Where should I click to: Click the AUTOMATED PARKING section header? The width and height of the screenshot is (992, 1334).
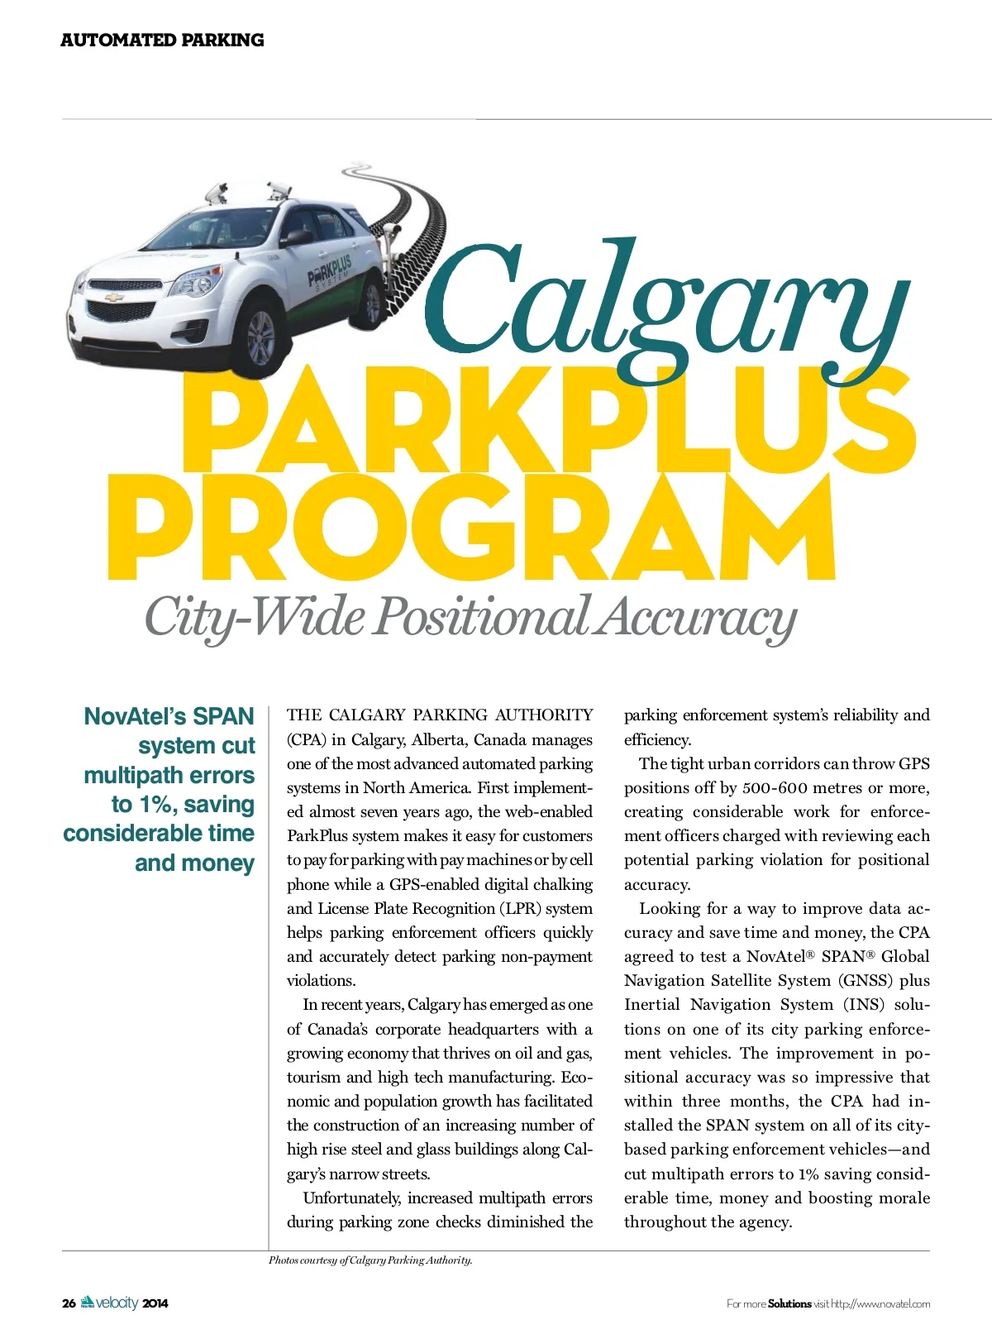pyautogui.click(x=162, y=40)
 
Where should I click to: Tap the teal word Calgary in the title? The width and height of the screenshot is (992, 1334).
pyautogui.click(x=661, y=306)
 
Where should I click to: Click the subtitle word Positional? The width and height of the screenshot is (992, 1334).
pyautogui.click(x=482, y=616)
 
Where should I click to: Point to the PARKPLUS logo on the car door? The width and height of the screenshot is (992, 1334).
pyautogui.click(x=330, y=271)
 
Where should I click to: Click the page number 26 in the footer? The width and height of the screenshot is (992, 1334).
pyautogui.click(x=69, y=1303)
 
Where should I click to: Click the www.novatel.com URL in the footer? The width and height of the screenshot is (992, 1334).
pyautogui.click(x=892, y=1304)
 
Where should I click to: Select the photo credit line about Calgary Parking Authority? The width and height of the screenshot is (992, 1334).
pyautogui.click(x=370, y=1260)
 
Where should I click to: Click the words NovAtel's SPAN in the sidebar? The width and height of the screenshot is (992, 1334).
pyautogui.click(x=169, y=716)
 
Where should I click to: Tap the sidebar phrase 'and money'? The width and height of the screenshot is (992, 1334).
pyautogui.click(x=194, y=863)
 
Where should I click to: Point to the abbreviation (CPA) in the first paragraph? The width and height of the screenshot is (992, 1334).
pyautogui.click(x=307, y=739)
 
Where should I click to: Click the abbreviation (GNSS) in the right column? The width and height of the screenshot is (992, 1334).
pyautogui.click(x=866, y=981)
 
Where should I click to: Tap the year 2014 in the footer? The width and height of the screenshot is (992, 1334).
pyautogui.click(x=155, y=1303)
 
